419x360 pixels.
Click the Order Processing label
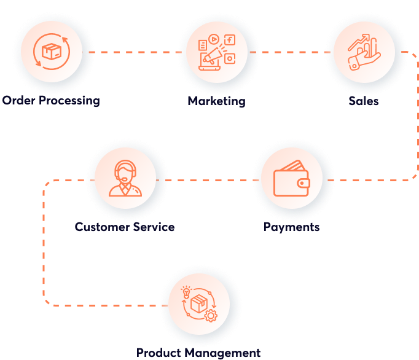(x=51, y=100)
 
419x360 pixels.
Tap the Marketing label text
(x=216, y=101)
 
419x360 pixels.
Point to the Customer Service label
(x=125, y=227)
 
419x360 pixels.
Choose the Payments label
(x=291, y=227)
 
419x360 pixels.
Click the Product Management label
(x=198, y=353)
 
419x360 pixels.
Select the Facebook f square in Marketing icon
(x=230, y=41)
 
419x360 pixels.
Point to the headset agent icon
(x=125, y=178)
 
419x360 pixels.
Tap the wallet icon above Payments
(x=291, y=181)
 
